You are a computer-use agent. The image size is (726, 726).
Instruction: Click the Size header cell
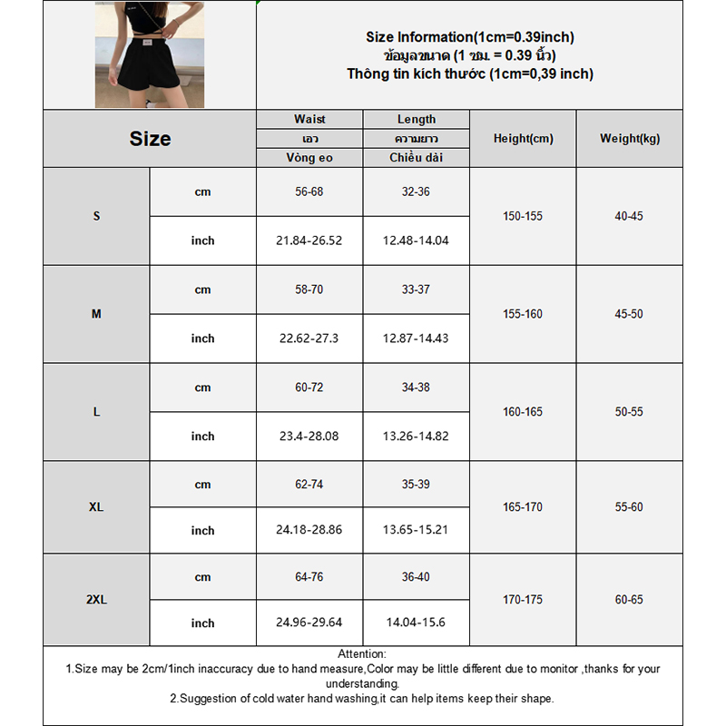tap(150, 139)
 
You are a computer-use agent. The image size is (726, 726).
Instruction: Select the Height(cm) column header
tap(523, 139)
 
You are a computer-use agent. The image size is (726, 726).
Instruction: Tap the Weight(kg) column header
tap(630, 139)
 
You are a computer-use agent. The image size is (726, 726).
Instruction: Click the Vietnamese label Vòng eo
tap(309, 158)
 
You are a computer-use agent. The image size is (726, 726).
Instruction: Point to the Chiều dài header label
tap(416, 158)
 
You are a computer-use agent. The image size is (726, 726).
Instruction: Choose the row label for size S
tap(96, 217)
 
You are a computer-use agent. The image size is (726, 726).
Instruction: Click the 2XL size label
tap(96, 600)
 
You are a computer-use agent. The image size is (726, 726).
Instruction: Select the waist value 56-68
tap(309, 192)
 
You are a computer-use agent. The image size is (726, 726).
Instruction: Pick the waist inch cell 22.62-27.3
tap(309, 338)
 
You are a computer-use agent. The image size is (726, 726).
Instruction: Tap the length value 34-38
tap(416, 388)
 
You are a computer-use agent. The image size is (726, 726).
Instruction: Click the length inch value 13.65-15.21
tap(416, 531)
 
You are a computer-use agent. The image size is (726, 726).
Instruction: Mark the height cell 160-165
tap(523, 412)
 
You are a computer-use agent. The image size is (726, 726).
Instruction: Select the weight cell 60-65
tap(629, 600)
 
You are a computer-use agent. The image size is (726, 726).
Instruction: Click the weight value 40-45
tap(629, 217)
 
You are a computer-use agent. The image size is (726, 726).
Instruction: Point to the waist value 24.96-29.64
tap(309, 623)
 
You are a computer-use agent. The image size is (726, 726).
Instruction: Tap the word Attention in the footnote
tap(361, 653)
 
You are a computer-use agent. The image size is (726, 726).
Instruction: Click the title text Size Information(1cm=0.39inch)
tap(469, 37)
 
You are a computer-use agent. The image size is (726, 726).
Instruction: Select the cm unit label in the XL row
tap(202, 485)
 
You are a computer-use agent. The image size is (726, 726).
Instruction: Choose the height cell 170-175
tap(523, 600)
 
